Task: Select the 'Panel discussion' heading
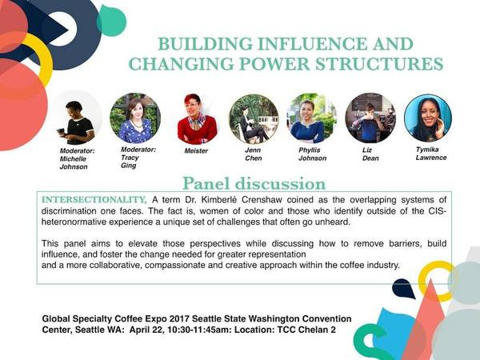pos(254,184)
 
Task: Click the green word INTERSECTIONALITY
pos(94,200)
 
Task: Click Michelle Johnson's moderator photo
pos(77,118)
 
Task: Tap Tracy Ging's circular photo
pos(135,118)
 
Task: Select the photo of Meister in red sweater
pos(197,118)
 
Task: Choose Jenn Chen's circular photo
pos(254,118)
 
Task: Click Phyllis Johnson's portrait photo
pos(312,118)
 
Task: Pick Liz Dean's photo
pos(370,118)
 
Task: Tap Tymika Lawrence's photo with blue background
pos(428,118)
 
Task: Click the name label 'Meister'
pos(196,151)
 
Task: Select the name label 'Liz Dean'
pos(370,154)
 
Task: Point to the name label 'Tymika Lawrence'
pos(431,154)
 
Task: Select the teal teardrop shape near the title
pos(111,21)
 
